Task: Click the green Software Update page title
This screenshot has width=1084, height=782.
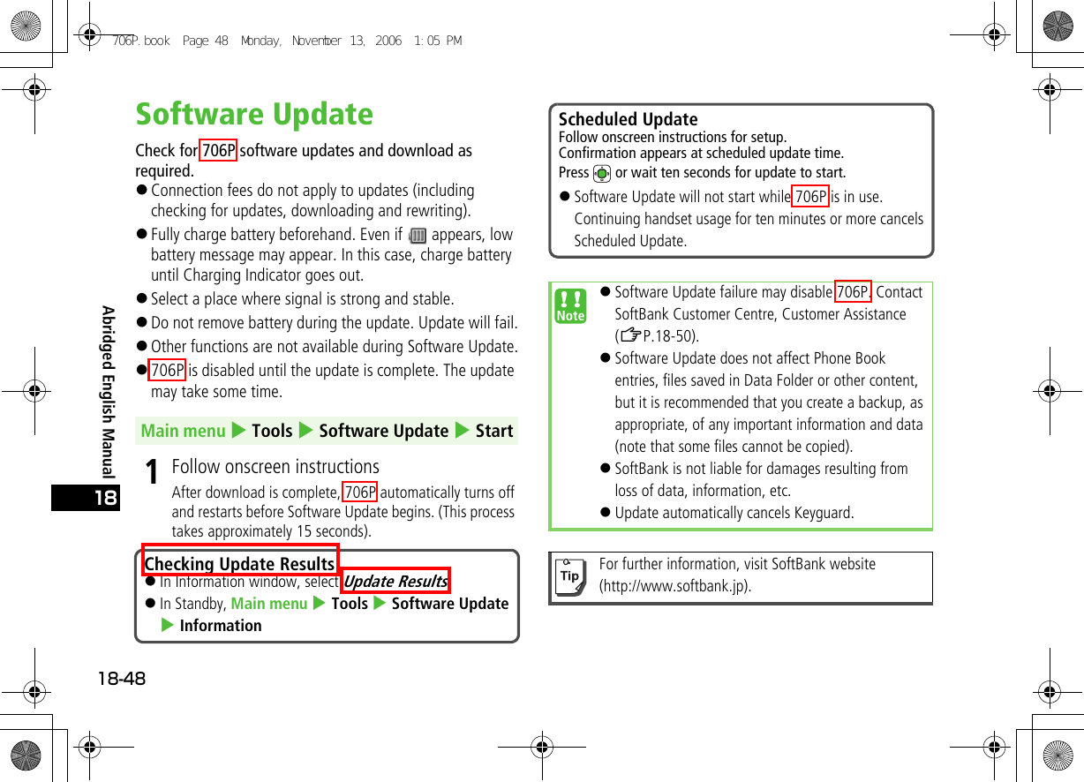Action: click(254, 115)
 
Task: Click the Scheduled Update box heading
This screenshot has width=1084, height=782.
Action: click(628, 119)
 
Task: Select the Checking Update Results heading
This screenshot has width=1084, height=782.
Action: click(239, 563)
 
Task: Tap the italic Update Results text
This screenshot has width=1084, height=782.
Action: click(395, 581)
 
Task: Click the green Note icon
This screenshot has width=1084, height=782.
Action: click(571, 305)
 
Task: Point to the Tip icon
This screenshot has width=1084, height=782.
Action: click(570, 576)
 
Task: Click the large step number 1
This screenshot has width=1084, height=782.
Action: click(153, 472)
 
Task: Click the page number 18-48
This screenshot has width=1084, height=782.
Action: click(122, 678)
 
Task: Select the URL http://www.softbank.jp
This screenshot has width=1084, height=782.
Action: click(675, 586)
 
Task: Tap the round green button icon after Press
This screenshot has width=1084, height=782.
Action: click(602, 174)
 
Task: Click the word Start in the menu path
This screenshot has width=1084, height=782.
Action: click(493, 431)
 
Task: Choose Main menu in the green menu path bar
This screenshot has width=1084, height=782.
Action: click(184, 431)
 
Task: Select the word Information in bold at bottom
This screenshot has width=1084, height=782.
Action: click(220, 626)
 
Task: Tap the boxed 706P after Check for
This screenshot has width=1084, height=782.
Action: click(218, 151)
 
